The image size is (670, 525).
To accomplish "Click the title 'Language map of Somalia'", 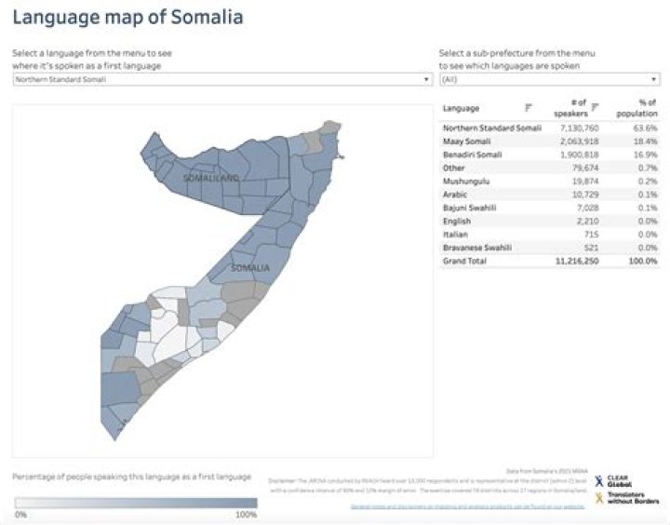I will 127,17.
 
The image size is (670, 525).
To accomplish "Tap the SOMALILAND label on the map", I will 211,177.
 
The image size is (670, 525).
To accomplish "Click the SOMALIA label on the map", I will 249,268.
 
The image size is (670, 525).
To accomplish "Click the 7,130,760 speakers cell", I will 577,128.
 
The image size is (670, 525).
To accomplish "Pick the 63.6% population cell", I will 645,128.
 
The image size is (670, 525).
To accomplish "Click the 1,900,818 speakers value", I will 577,155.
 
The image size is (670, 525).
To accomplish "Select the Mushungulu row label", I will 463,182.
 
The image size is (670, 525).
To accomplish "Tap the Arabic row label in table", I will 455,195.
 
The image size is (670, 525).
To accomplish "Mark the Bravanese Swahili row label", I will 475,248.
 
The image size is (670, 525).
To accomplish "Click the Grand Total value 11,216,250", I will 575,262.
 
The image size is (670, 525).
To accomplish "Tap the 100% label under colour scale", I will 246,514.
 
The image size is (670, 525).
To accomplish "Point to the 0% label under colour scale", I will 20,514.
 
